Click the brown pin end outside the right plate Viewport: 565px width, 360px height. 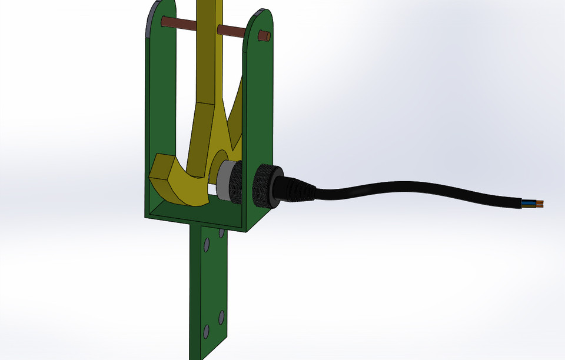click(x=264, y=36)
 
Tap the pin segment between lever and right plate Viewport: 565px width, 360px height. click(x=230, y=31)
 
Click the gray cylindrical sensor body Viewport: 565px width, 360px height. click(x=224, y=181)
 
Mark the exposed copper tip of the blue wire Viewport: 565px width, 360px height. click(x=540, y=202)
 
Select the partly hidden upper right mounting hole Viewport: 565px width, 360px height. click(x=221, y=234)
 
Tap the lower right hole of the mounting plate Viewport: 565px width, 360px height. click(x=221, y=318)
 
